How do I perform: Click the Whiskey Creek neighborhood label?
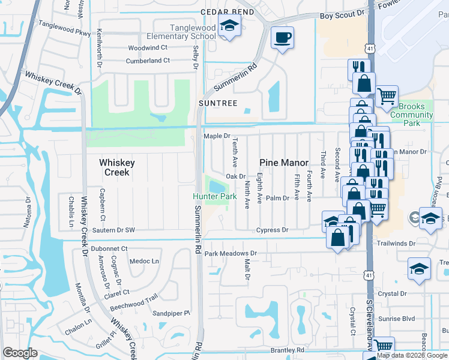[116, 167]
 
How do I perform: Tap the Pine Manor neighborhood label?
[284, 163]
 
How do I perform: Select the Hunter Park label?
[211, 197]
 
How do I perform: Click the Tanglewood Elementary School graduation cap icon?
[228, 26]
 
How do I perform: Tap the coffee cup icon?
[282, 38]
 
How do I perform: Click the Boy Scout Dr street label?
[342, 13]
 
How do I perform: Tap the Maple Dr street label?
[217, 136]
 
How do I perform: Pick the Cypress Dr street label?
[273, 230]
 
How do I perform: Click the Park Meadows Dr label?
[231, 254]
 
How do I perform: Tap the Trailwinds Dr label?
[396, 244]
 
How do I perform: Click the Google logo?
[20, 352]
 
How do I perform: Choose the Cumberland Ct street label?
[148, 61]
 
